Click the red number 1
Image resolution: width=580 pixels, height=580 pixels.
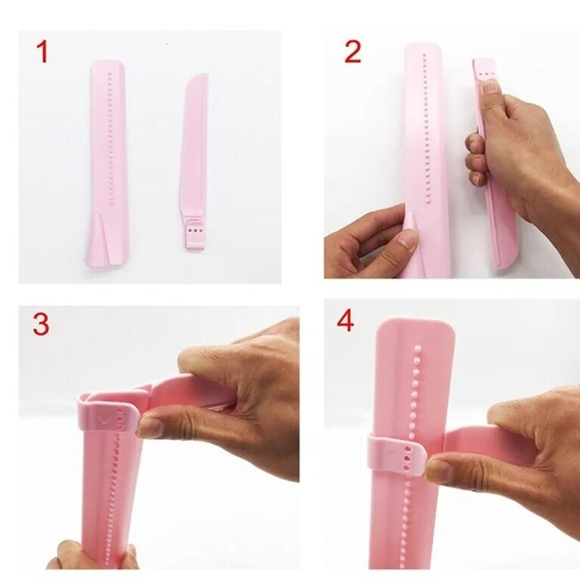(x=42, y=52)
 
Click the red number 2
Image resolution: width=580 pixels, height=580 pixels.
(x=352, y=51)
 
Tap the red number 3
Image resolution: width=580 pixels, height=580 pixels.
(x=41, y=324)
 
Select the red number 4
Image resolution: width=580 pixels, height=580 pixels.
(x=345, y=321)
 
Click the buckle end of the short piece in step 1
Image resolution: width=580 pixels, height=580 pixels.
(x=195, y=235)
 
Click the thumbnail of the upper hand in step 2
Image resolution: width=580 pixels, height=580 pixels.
(x=491, y=87)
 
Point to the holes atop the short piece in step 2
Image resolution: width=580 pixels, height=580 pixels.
(x=486, y=73)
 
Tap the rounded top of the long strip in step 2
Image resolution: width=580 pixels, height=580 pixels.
(x=424, y=50)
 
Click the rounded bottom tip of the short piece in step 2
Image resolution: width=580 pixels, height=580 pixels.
(x=508, y=261)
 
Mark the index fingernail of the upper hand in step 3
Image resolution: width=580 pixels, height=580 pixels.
(x=150, y=428)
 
